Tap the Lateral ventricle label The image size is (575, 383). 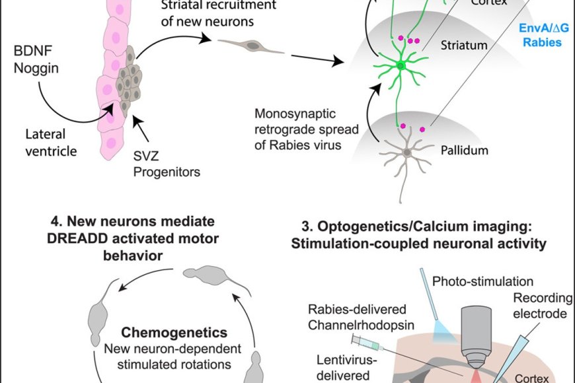click(47, 143)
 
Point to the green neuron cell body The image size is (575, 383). click(401, 65)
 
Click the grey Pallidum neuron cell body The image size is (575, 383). click(407, 153)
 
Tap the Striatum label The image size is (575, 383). click(464, 46)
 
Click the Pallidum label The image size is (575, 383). click(464, 151)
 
